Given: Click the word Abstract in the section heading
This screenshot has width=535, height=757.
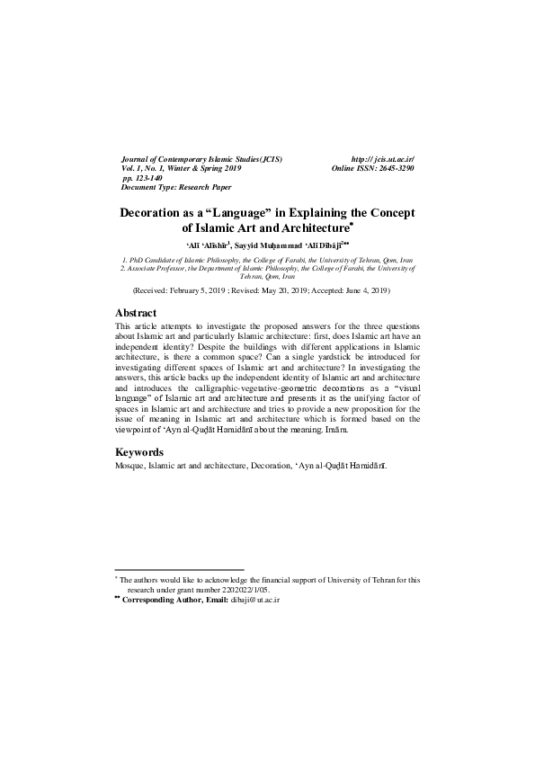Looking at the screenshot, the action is point(137,313).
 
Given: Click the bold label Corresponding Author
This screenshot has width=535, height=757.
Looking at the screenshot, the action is point(162,598).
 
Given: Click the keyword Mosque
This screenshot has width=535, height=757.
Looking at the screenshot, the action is point(130,467).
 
